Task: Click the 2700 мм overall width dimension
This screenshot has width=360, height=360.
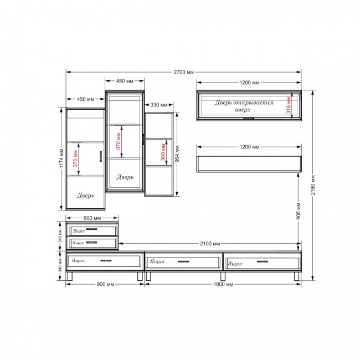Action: point(183,72)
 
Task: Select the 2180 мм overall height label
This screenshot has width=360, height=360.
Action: point(313,185)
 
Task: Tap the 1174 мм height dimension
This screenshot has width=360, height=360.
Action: point(61,158)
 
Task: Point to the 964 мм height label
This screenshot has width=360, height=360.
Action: point(177,154)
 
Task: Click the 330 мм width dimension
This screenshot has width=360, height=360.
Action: point(159,105)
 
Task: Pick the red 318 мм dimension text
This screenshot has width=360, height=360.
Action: point(289,105)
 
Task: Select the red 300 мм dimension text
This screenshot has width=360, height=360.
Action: point(163,152)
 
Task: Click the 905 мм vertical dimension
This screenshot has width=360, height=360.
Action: point(298,211)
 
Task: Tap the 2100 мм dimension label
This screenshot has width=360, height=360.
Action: point(210,244)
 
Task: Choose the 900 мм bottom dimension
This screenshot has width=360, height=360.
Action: point(105,284)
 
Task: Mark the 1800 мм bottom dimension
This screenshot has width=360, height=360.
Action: point(223,285)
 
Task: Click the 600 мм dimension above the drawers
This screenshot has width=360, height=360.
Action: point(92,218)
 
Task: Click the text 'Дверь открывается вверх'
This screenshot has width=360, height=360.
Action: point(244,106)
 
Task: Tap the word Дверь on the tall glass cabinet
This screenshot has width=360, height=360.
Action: point(125,177)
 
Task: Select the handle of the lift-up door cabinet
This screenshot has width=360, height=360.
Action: point(249,119)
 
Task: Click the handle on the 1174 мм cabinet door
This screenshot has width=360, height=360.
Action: point(101,157)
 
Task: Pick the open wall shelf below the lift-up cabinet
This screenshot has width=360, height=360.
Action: point(249,164)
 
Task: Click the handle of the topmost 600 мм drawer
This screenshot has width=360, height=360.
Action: point(91,229)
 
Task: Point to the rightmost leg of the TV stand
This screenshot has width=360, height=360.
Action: point(297,276)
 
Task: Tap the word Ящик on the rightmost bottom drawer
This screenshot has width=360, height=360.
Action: point(235,264)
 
